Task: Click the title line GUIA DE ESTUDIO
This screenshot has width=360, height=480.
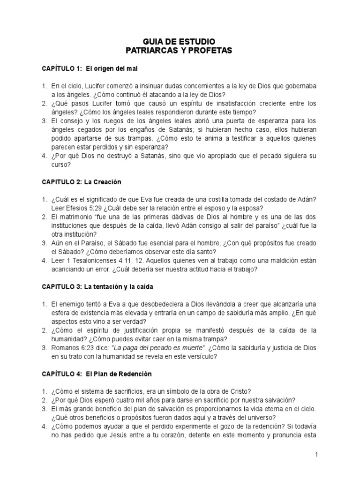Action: coord(180,41)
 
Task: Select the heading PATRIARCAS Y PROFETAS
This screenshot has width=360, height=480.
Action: coord(180,50)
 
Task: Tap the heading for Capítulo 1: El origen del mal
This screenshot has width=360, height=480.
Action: coord(90,69)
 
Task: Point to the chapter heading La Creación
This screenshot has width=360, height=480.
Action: coord(82,181)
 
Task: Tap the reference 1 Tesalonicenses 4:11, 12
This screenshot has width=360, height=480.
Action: coord(102,261)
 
